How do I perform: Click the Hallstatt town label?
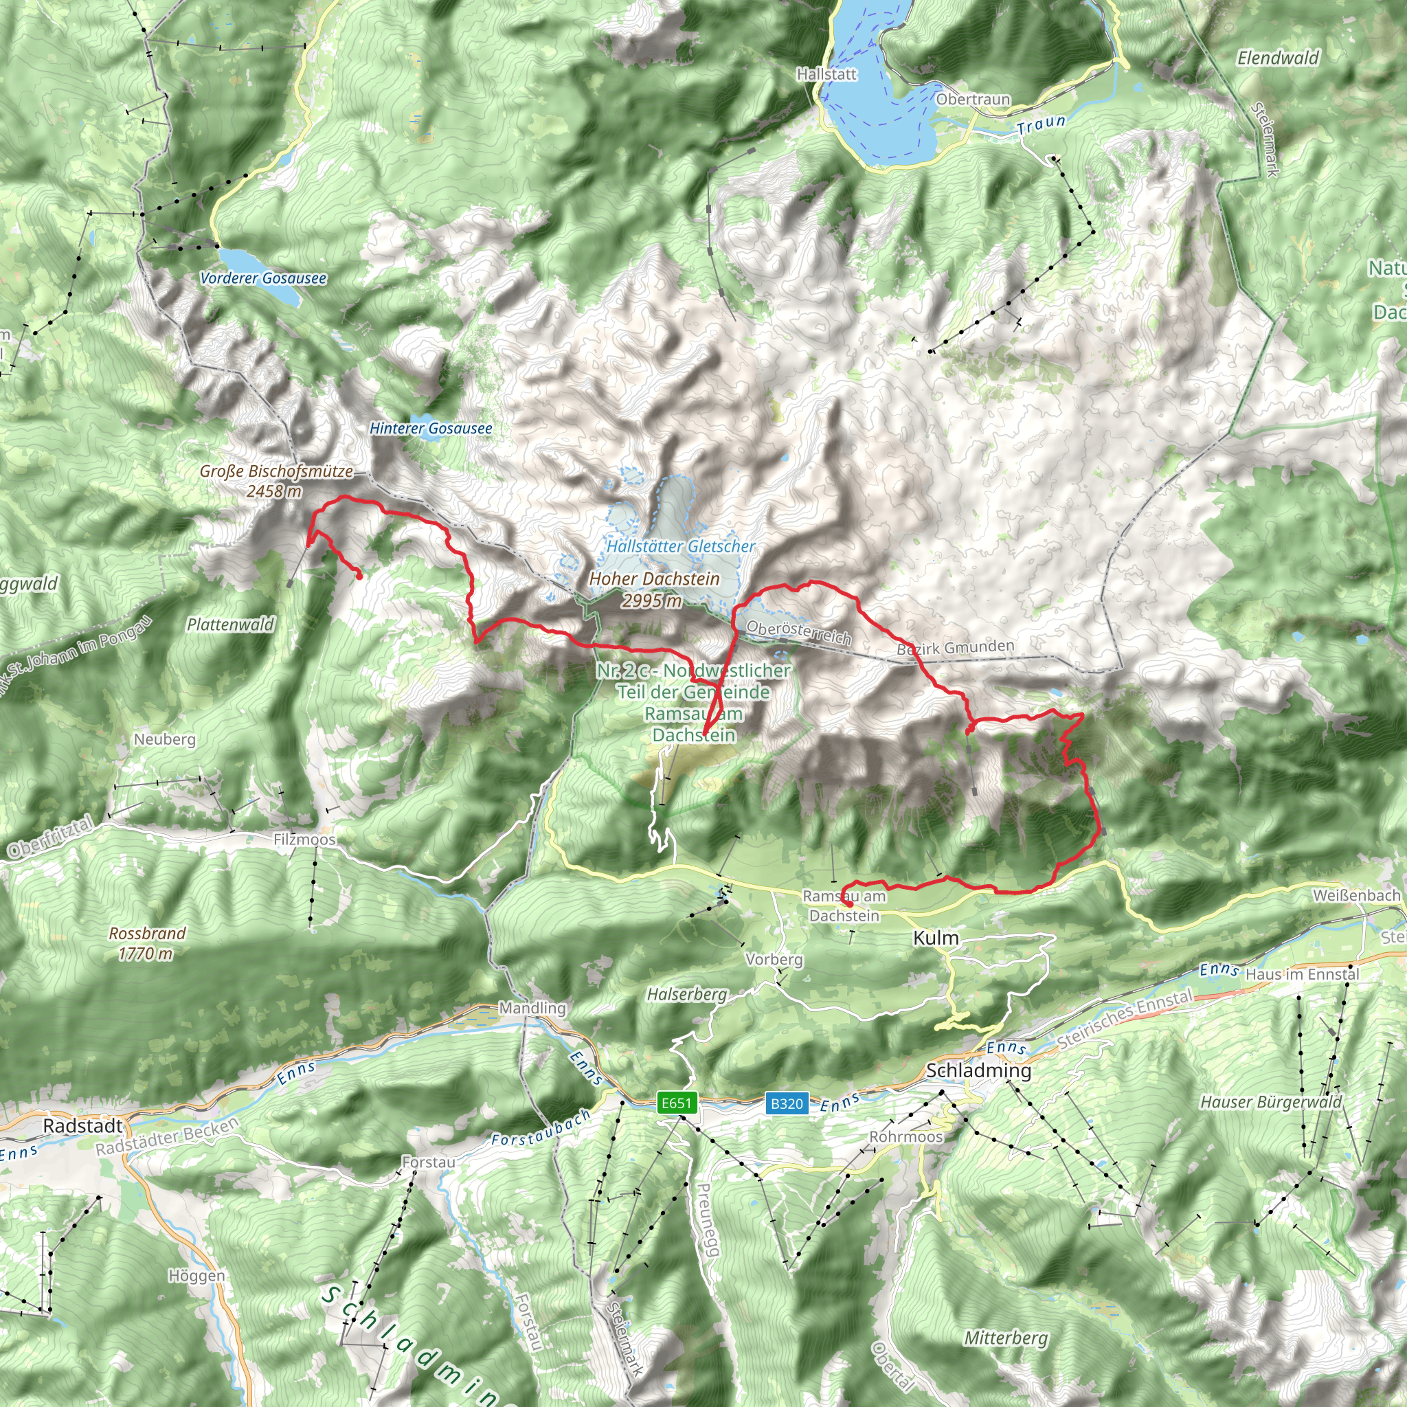click(x=826, y=74)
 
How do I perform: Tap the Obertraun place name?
click(x=973, y=99)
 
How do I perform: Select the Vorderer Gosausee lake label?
click(x=263, y=278)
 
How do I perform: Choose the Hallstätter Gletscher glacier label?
click(x=681, y=546)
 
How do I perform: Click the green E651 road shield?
click(x=677, y=1103)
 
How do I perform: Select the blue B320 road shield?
click(x=787, y=1103)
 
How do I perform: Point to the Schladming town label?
click(x=979, y=1070)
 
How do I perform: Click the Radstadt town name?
click(x=83, y=1126)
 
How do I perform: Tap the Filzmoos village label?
click(x=304, y=840)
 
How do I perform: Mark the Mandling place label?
click(x=532, y=1008)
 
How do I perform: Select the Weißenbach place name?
click(x=1357, y=895)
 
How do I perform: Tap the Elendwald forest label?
click(x=1278, y=58)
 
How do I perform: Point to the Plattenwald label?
click(x=230, y=624)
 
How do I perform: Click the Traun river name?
click(x=1042, y=125)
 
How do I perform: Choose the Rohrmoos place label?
click(x=906, y=1137)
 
